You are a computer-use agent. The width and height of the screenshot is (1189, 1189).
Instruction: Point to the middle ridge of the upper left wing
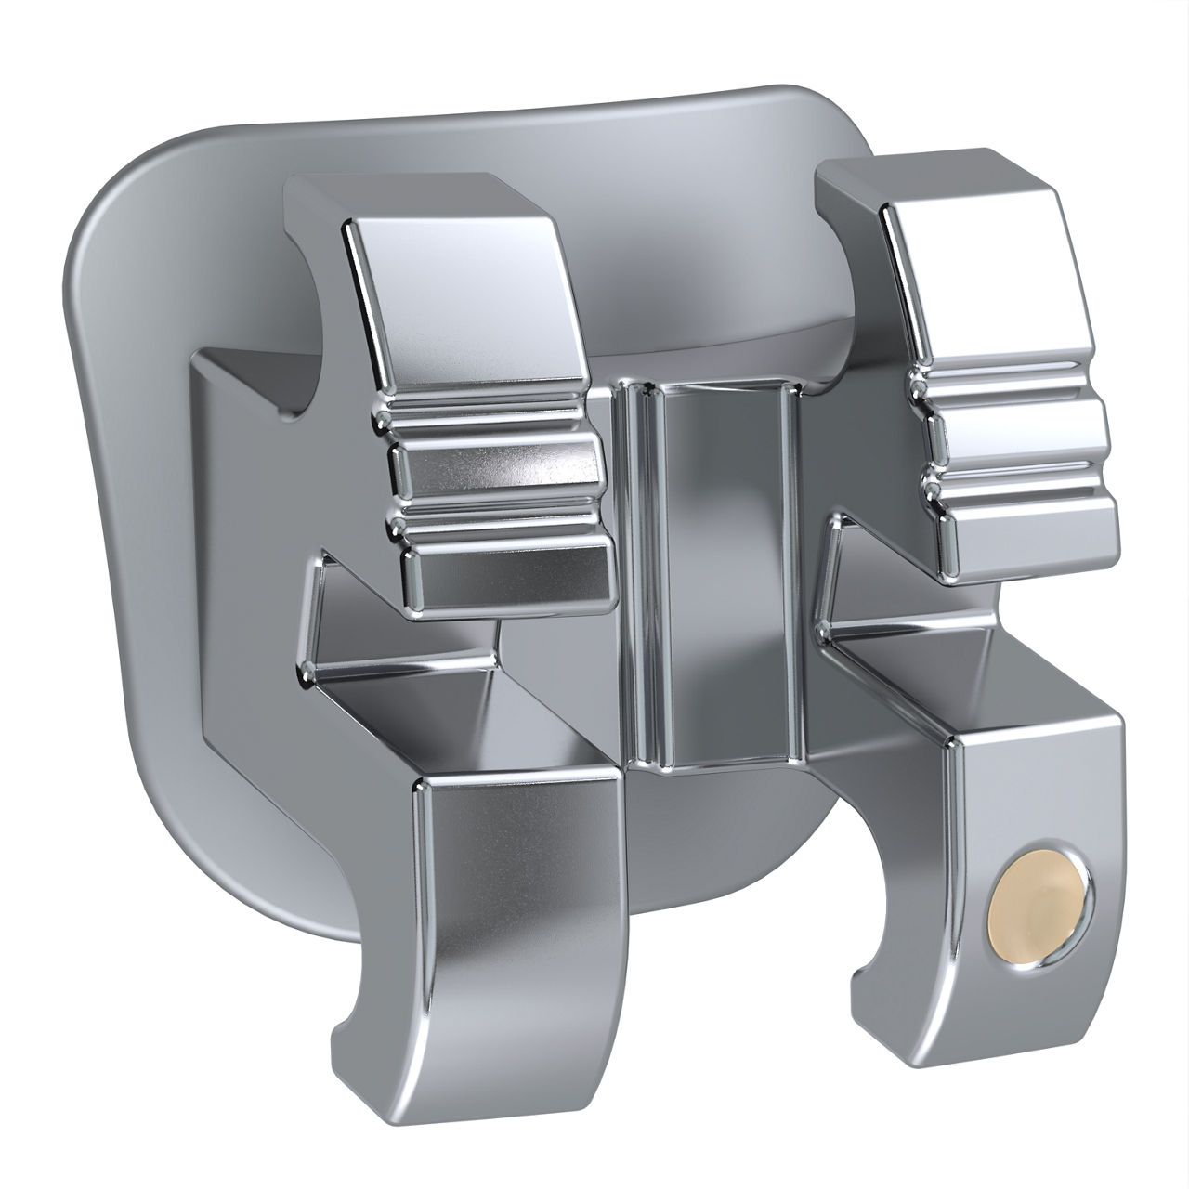(497, 464)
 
